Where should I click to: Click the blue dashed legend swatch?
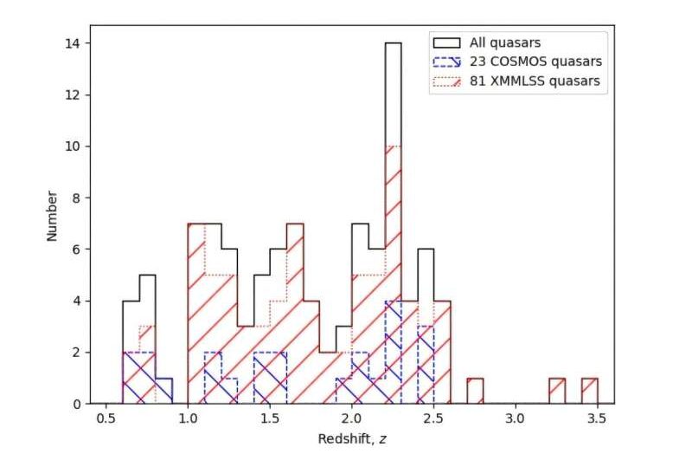coord(445,62)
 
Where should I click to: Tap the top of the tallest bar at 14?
coord(393,43)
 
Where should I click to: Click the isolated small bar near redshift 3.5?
coord(589,391)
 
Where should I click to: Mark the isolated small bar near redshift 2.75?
coord(475,391)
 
